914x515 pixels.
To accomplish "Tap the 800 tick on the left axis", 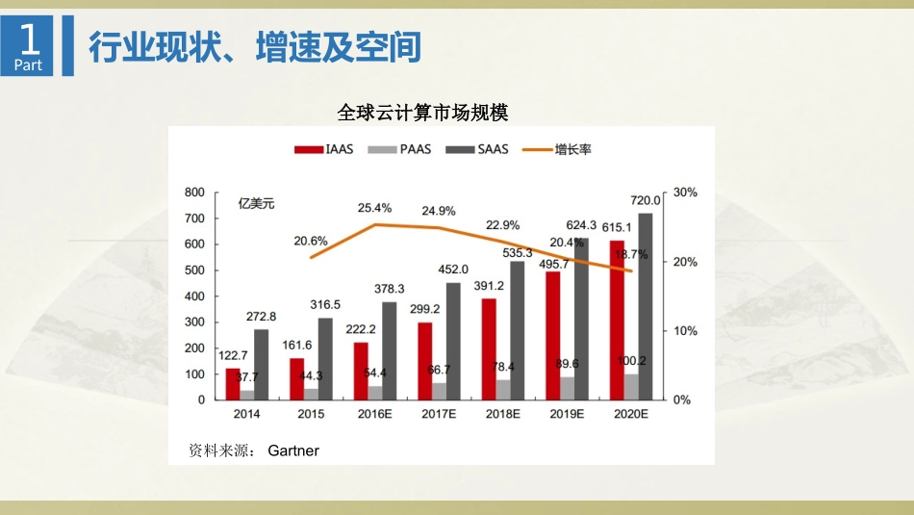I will pyautogui.click(x=194, y=193).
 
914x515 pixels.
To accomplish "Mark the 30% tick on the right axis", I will pyautogui.click(x=685, y=193).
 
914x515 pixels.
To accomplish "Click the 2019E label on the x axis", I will pyautogui.click(x=568, y=414).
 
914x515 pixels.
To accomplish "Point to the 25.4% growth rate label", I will pyautogui.click(x=374, y=207).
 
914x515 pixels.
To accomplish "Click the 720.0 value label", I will pyautogui.click(x=646, y=200).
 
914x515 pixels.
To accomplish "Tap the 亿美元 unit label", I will pyautogui.click(x=257, y=203).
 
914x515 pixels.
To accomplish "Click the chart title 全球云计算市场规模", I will pyautogui.click(x=422, y=113).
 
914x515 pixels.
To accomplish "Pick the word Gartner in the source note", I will pyautogui.click(x=293, y=450).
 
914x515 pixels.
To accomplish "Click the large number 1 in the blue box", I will pyautogui.click(x=31, y=39).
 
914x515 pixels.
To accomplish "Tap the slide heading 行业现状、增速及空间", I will pyautogui.click(x=255, y=46).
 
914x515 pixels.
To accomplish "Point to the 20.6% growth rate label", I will pyautogui.click(x=311, y=241).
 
